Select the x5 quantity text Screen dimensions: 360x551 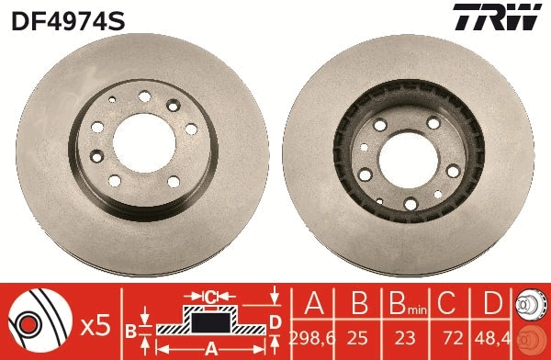95,323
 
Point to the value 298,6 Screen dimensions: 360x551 310,338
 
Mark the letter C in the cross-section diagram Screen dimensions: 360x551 209,296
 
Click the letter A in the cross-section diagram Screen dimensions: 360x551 209,349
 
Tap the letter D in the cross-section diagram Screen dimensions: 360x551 274,321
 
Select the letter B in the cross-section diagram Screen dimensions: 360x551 130,328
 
